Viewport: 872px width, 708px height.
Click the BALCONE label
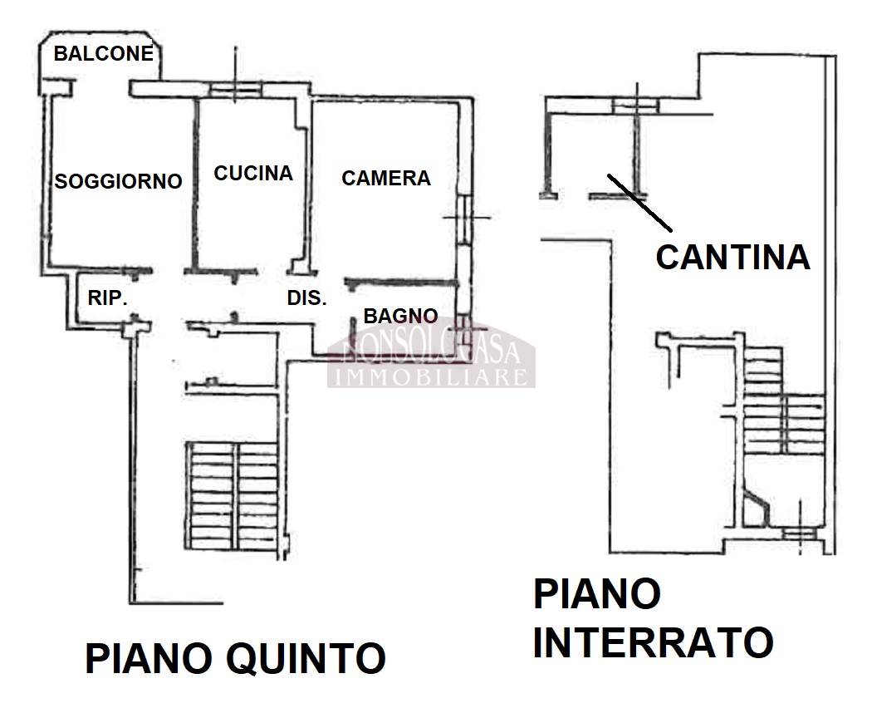pos(104,54)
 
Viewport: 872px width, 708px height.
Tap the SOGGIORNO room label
pos(117,180)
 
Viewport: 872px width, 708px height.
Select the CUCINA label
pos(253,173)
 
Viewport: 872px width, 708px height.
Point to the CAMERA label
pos(386,178)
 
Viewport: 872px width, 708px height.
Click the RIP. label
pos(108,297)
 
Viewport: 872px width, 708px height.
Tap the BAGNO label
pos(400,316)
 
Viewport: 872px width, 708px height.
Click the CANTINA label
pos(732,257)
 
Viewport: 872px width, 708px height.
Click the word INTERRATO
pos(653,642)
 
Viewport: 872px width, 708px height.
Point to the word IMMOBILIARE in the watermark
pos(430,377)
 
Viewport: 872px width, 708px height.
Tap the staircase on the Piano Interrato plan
pos(781,407)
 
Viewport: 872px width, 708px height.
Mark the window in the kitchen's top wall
pos(234,90)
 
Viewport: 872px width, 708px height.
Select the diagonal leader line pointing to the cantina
pos(639,201)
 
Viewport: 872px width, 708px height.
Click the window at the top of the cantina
pos(635,104)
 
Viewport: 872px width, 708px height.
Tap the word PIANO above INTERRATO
pos(596,595)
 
